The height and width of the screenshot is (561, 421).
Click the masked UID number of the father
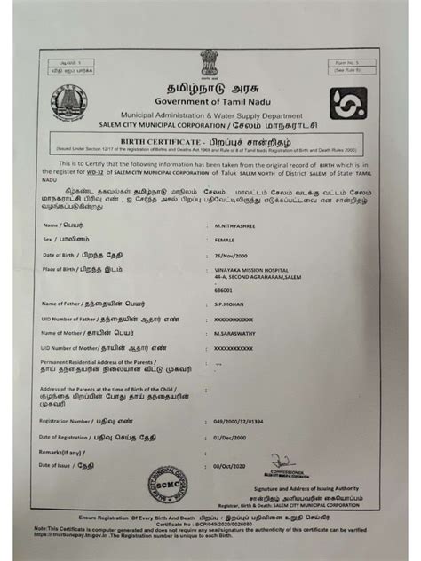pyautogui.click(x=234, y=318)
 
